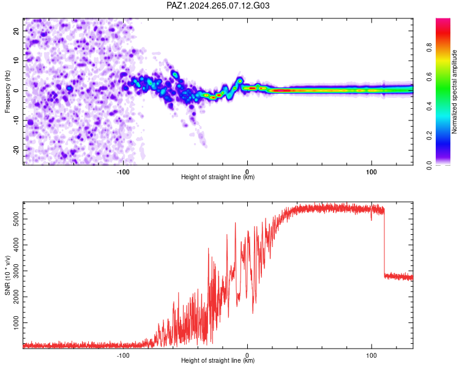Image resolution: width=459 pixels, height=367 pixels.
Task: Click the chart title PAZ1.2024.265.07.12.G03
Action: pos(218,6)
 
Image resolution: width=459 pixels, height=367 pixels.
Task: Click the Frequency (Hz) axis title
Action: pos(7,92)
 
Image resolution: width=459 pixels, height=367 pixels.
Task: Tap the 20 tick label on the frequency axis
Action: pos(16,31)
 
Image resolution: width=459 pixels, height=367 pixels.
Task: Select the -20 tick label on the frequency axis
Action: pos(16,149)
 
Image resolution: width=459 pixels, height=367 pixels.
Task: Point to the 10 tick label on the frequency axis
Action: pos(16,61)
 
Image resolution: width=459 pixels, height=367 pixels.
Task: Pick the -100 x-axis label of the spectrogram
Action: pos(123,172)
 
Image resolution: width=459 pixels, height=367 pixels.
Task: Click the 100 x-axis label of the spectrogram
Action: pos(371,172)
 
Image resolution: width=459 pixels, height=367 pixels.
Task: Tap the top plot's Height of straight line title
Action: pos(218,177)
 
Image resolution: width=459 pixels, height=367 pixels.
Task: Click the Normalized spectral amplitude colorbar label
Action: pos(454,92)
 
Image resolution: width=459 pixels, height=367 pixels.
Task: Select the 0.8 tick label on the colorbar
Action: pos(429,48)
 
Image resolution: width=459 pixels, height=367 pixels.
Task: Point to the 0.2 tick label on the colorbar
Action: pos(429,136)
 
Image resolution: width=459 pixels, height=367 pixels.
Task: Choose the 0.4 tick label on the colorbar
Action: pos(429,106)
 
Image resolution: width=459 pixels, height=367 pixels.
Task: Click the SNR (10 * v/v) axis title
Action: pos(7,275)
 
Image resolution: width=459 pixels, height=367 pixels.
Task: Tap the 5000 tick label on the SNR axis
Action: pos(16,219)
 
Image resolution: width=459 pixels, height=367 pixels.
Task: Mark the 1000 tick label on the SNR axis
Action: pos(16,322)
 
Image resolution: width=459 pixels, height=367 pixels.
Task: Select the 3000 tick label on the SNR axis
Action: pos(16,271)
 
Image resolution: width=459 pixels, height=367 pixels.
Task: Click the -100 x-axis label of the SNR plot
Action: pos(123,355)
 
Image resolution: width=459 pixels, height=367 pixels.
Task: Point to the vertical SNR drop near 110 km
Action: pos(384,242)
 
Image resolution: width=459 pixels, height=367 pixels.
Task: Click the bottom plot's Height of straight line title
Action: pos(218,360)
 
